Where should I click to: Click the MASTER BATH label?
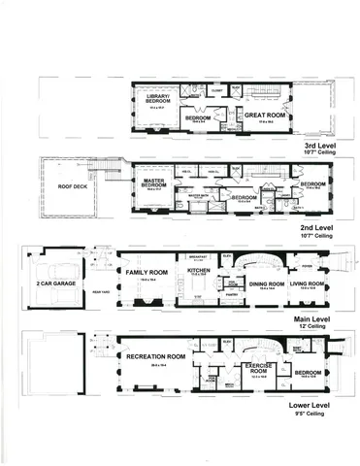(x=200, y=194)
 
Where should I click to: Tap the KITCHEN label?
(x=198, y=273)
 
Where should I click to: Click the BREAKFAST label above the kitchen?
(x=200, y=256)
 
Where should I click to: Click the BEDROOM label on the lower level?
(x=309, y=371)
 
